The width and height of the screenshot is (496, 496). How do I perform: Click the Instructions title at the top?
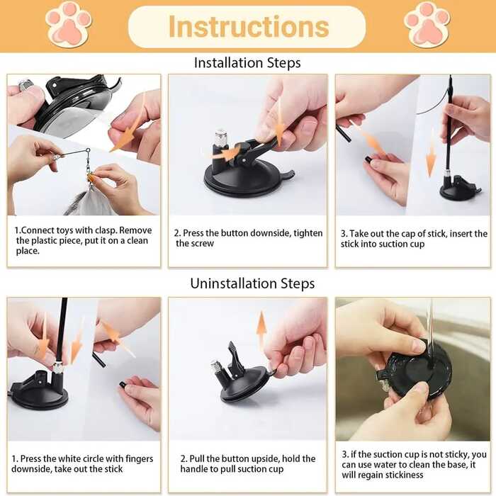tap(248, 27)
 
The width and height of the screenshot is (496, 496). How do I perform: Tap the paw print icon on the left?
tap(69, 23)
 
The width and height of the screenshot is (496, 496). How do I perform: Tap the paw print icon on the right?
tap(427, 23)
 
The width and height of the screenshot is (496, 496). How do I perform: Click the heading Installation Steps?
tap(247, 63)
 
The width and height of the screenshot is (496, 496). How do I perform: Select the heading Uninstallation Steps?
tap(252, 283)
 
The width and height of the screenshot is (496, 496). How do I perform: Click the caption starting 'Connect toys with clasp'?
tap(84, 241)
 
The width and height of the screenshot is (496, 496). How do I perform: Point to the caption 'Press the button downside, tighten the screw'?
tap(248, 238)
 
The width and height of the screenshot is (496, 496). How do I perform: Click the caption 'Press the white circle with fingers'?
tap(84, 463)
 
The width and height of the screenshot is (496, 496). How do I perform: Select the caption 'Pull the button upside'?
tap(248, 463)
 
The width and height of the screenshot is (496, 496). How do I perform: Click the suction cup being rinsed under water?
tap(415, 365)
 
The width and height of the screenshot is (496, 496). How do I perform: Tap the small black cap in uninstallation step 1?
tap(123, 385)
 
